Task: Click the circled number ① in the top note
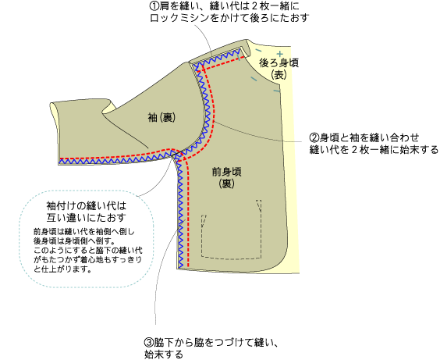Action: (x=154, y=5)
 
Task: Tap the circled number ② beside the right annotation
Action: (x=314, y=137)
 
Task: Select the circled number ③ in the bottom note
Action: (x=149, y=342)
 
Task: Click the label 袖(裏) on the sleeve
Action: (x=162, y=117)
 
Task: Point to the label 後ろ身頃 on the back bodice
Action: (x=279, y=62)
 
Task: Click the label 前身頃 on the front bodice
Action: (x=227, y=172)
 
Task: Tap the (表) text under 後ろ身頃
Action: (x=279, y=74)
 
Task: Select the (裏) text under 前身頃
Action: (x=227, y=184)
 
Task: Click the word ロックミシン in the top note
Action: (x=179, y=18)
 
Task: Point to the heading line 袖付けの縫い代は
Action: (x=87, y=206)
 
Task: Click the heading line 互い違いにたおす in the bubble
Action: (x=87, y=217)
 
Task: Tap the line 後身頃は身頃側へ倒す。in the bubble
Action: (x=74, y=241)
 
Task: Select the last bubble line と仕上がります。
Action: (x=62, y=269)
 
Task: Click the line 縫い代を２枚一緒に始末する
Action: (x=374, y=150)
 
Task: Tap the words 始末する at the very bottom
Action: (x=164, y=354)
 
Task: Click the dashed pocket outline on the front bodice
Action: (x=232, y=258)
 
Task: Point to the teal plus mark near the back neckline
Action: (x=280, y=54)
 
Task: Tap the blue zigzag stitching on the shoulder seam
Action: (x=218, y=59)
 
